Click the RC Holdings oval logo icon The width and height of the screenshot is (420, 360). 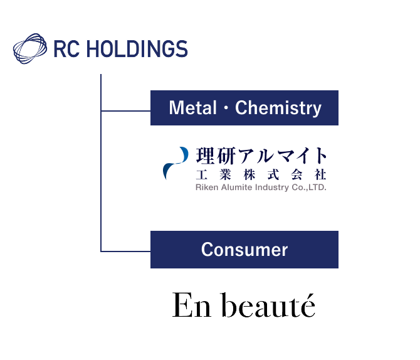pos(30,49)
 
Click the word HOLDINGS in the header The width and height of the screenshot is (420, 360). pos(136,49)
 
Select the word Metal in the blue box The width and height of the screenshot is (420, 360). pos(192,108)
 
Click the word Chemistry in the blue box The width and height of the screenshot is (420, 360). pos(278,108)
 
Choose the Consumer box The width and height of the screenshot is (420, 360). pos(244,250)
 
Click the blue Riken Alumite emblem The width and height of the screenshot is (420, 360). pos(175,162)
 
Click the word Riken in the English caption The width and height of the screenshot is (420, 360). pos(206,187)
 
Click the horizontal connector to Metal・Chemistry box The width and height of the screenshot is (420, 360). pos(125,111)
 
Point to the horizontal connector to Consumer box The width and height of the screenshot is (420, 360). pos(125,251)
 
